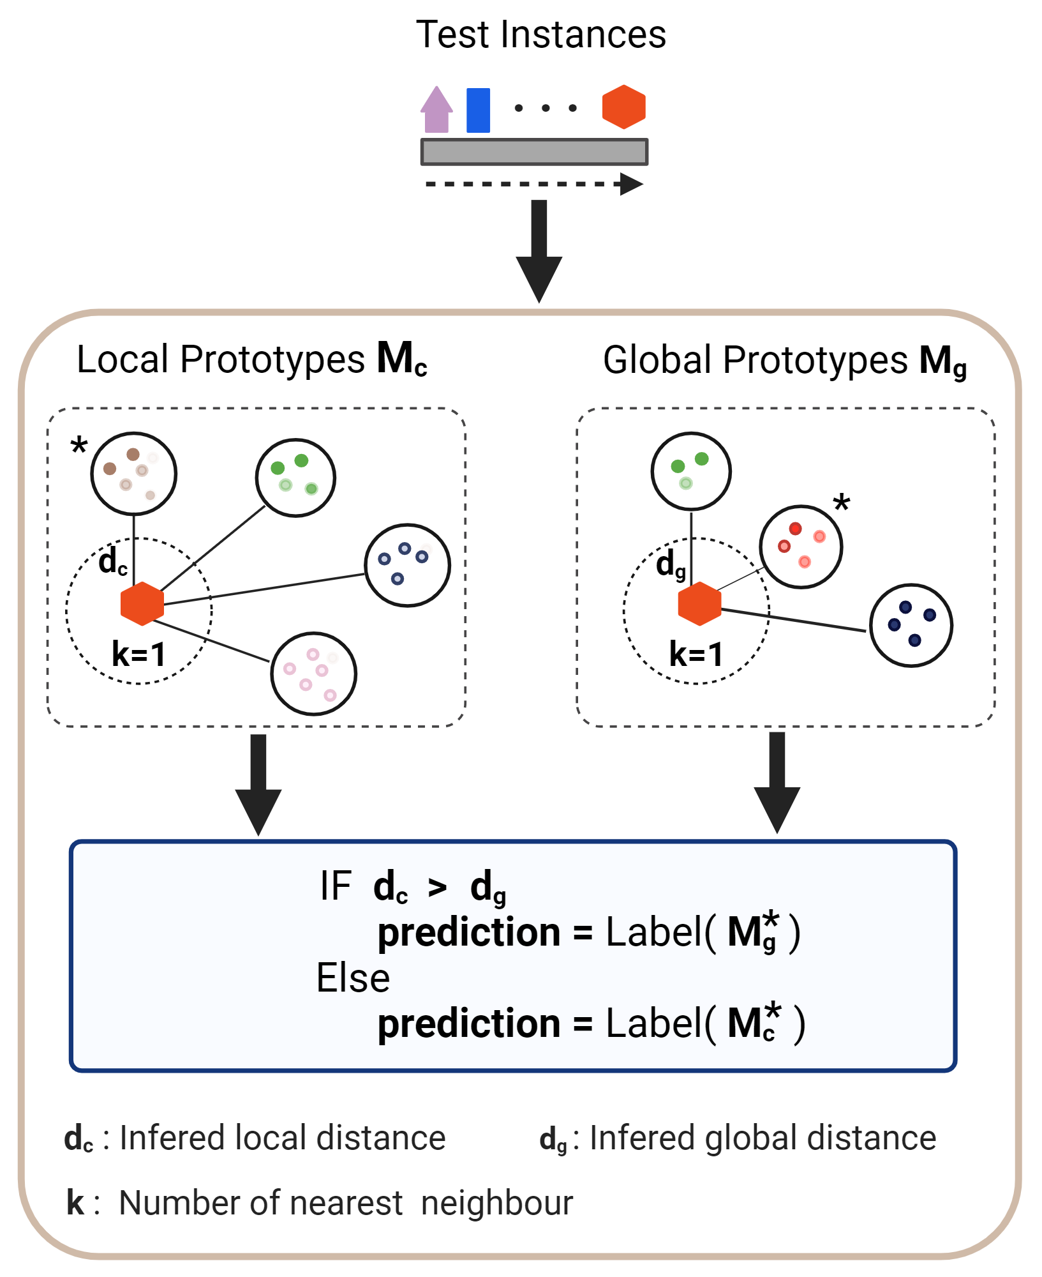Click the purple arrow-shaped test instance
pos(436,110)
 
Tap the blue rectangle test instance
pos(478,110)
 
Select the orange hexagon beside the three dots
pos(623,107)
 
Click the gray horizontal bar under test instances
pos(534,152)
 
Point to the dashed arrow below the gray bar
pos(533,185)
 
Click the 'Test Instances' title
pos(540,34)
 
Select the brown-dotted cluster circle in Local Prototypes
pos(133,473)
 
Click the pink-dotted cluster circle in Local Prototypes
pos(313,674)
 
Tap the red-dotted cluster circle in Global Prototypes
pos(801,547)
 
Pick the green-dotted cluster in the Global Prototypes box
pos(691,471)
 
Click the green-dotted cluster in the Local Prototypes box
pos(295,477)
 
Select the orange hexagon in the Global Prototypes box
pos(699,603)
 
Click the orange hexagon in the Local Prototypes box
pos(142,603)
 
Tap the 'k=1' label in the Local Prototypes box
pos(138,654)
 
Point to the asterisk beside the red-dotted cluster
pos(842,503)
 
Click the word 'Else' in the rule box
pos(353,978)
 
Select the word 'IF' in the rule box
pos(336,886)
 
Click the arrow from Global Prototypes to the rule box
pos(777,782)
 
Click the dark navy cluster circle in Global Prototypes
pos(911,625)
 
